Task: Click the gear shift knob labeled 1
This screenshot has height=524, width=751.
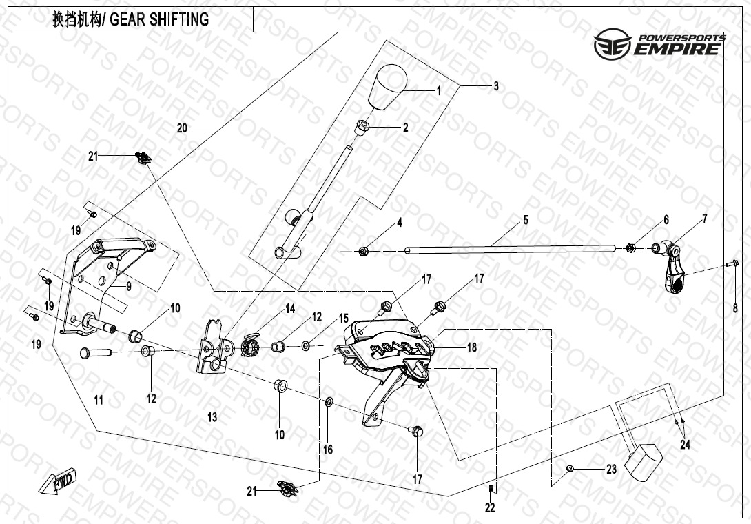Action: coord(387,87)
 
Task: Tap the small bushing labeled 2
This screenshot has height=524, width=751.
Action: coord(362,127)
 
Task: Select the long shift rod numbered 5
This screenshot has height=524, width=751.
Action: coord(510,248)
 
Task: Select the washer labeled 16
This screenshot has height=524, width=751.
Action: coord(329,401)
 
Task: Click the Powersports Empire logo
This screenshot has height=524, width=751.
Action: coord(660,43)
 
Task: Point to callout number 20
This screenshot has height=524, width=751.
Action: coord(182,128)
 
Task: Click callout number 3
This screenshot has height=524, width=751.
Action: coord(495,86)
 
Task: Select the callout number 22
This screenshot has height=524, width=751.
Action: coord(490,508)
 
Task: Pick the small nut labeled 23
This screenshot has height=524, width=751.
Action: coord(570,469)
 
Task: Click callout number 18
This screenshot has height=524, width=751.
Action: coord(471,348)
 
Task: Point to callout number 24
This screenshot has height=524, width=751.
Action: coord(685,445)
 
